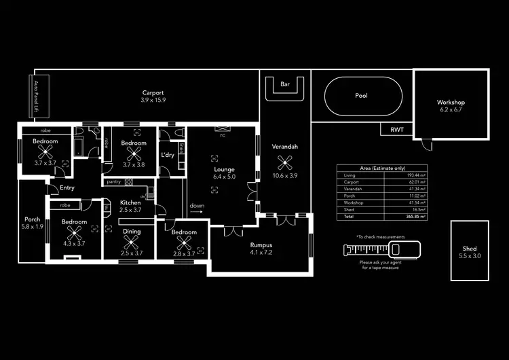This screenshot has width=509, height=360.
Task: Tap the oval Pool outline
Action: click(362, 96)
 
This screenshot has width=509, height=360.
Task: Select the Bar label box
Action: click(285, 85)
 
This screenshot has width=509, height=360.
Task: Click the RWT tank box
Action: click(396, 129)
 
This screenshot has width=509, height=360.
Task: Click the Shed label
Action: click(470, 252)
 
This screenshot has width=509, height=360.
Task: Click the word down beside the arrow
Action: click(197, 205)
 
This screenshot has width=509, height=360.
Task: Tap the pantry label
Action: click(113, 181)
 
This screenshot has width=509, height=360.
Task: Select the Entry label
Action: click(67, 188)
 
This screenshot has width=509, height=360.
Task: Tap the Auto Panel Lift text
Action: click(37, 96)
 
